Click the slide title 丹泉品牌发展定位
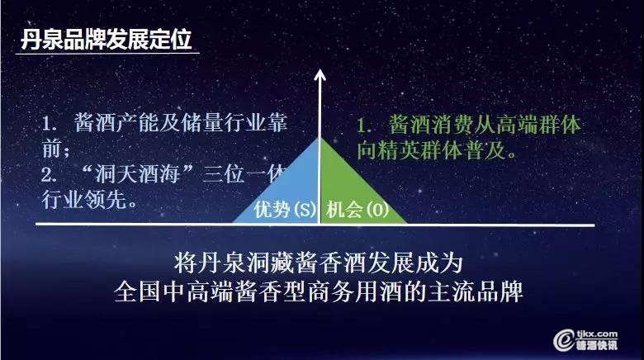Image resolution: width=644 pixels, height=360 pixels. tap(107, 40)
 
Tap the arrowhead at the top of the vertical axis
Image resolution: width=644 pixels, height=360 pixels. tap(320, 75)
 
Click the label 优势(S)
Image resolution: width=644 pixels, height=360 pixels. tap(285, 209)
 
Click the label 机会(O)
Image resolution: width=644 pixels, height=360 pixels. tap(358, 210)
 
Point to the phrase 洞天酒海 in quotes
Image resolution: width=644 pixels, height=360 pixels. tap(137, 174)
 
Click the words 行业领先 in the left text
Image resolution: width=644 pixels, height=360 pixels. tap(84, 200)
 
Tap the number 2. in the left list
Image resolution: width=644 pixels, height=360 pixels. tap(49, 176)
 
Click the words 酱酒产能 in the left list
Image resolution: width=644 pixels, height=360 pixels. tap(116, 122)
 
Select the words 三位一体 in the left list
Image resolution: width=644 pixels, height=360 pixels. tap(245, 174)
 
